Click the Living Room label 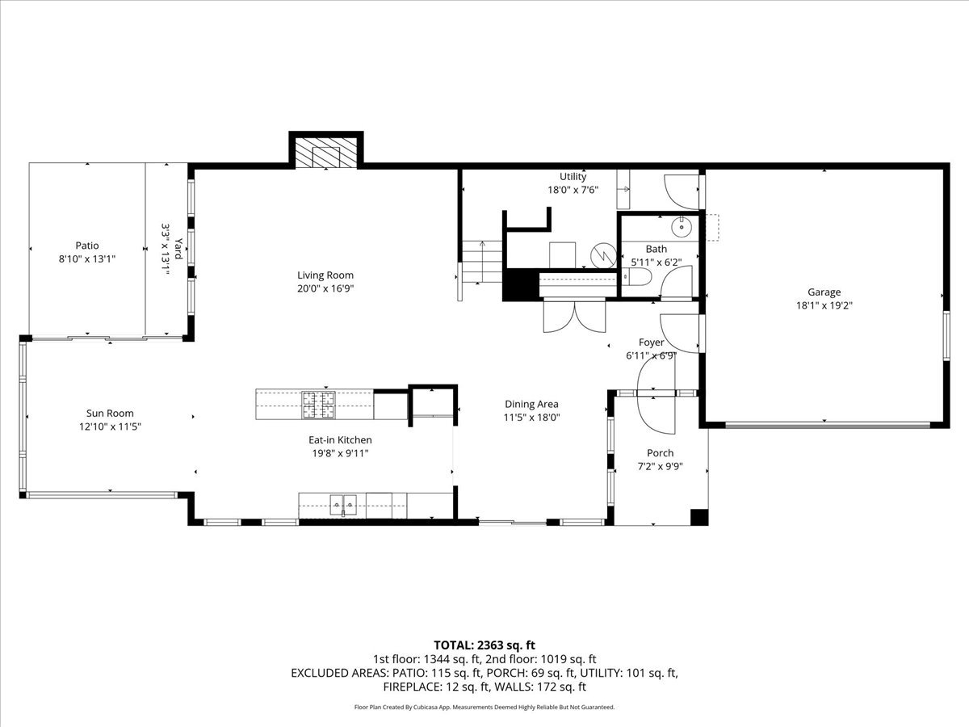[325, 275]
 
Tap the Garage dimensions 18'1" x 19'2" [824, 305]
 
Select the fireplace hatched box [325, 153]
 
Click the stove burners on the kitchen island [318, 405]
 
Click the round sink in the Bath [682, 227]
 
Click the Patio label [87, 246]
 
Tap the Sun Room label [110, 413]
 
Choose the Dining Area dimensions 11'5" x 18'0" [532, 418]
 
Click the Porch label [661, 453]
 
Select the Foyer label [651, 342]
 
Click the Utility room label [573, 177]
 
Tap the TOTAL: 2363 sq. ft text [484, 645]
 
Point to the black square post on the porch [699, 517]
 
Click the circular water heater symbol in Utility [603, 255]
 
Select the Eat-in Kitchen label [340, 439]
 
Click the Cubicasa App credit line [484, 707]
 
